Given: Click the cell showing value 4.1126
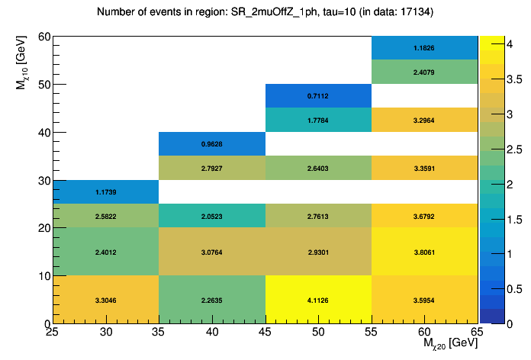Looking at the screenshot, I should click(x=318, y=300).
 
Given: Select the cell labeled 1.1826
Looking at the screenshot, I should click(x=425, y=47).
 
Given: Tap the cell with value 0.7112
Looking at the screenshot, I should click(x=318, y=95).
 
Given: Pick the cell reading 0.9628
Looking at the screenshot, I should click(x=211, y=143).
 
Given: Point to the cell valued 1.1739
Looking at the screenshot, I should click(x=105, y=191).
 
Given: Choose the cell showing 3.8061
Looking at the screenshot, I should click(x=425, y=252).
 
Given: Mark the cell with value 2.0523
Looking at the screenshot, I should click(x=211, y=216).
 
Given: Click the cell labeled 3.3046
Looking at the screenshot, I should click(x=105, y=300).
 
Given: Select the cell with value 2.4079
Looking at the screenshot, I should click(x=425, y=72).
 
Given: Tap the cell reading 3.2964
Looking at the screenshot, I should click(x=425, y=120).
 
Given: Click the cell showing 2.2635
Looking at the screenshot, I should click(x=211, y=300).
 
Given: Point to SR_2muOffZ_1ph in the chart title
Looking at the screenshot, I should click(x=265, y=12).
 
